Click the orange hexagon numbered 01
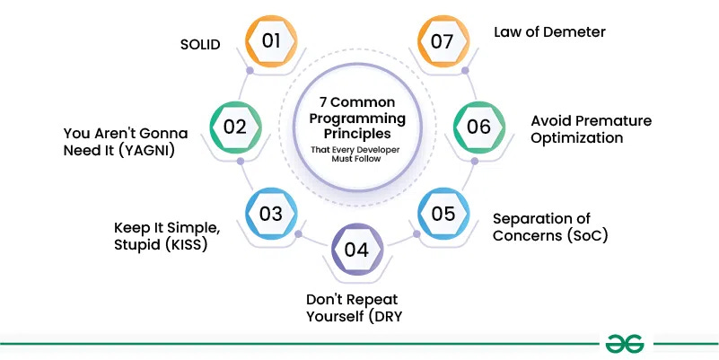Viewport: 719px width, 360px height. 272,40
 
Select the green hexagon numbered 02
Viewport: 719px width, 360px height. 235,127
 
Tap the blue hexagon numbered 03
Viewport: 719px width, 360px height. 271,213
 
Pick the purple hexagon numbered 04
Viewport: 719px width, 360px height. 356,249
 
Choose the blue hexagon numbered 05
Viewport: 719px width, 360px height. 443,213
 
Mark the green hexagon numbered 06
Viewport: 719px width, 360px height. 478,127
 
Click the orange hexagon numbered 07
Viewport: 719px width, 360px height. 444,40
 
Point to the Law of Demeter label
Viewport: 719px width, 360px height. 549,31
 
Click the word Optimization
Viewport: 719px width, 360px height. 576,138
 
